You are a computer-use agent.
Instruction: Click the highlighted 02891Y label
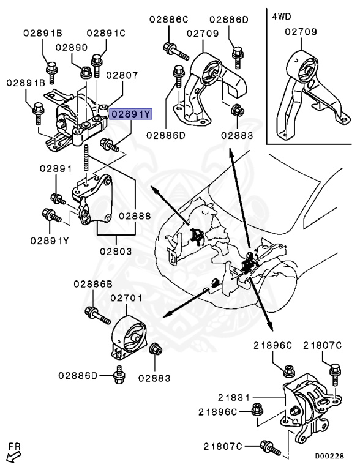pyautogui.click(x=130, y=114)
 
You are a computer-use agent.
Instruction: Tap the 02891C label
pyautogui.click(x=105, y=33)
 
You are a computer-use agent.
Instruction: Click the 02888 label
pyautogui.click(x=135, y=215)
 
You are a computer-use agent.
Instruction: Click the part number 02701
pyautogui.click(x=126, y=298)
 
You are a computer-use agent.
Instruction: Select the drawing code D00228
pyautogui.click(x=329, y=455)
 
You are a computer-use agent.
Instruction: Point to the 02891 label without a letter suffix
pyautogui.click(x=56, y=168)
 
